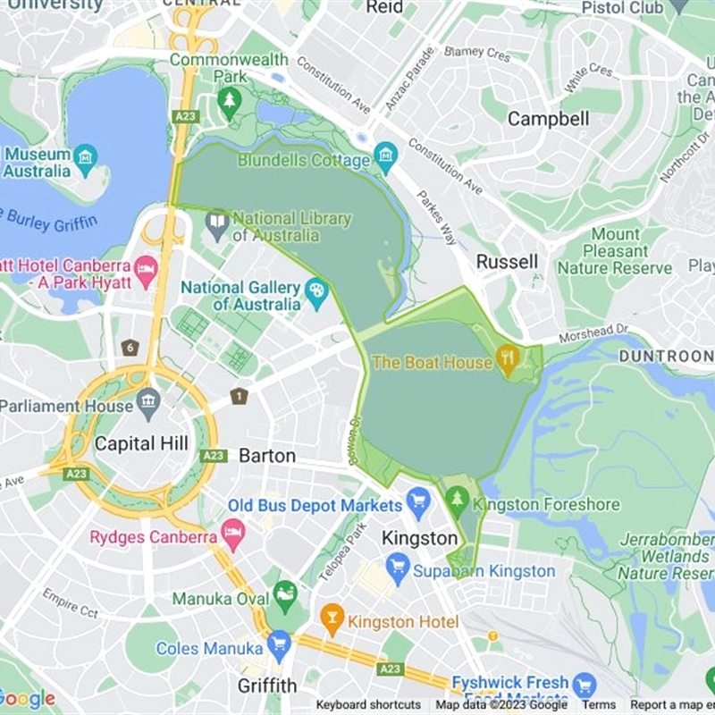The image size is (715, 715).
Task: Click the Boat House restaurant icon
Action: pyautogui.click(x=508, y=360)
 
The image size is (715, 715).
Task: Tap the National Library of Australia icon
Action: pyautogui.click(x=217, y=224)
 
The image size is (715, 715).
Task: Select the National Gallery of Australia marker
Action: pyautogui.click(x=316, y=292)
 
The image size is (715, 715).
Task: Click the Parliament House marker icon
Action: pyautogui.click(x=148, y=405)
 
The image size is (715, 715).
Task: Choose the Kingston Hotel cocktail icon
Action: pyautogui.click(x=332, y=619)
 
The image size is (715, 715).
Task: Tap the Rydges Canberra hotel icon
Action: pyautogui.click(x=233, y=536)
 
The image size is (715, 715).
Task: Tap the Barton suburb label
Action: pyautogui.click(x=266, y=455)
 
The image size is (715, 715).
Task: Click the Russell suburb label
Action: pyautogui.click(x=507, y=261)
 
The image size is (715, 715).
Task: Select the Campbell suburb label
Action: pyautogui.click(x=548, y=118)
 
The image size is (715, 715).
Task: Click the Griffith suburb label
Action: pyautogui.click(x=266, y=686)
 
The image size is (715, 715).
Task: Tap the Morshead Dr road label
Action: pyautogui.click(x=593, y=333)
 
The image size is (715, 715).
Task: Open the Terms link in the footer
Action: pyautogui.click(x=599, y=705)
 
